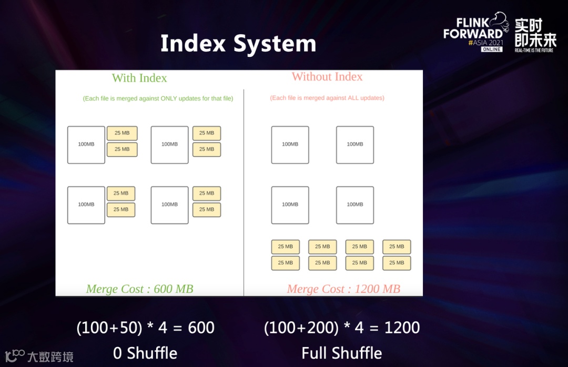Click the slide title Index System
[x=238, y=43]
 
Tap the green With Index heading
[x=139, y=78]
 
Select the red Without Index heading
[x=327, y=77]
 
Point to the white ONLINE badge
[x=491, y=49]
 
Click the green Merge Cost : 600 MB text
[x=139, y=289]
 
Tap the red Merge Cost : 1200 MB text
[x=343, y=289]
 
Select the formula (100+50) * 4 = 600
[x=145, y=328]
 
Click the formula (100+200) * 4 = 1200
[x=342, y=328]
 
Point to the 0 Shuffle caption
[x=145, y=353]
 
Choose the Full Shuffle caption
[x=342, y=353]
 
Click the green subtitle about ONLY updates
[x=158, y=98]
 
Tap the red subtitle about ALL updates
[x=327, y=98]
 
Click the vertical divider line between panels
[x=244, y=190]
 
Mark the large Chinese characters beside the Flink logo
[x=535, y=32]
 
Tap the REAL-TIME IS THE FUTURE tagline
[x=534, y=51]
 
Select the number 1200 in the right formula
[x=402, y=328]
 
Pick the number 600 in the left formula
[x=201, y=328]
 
